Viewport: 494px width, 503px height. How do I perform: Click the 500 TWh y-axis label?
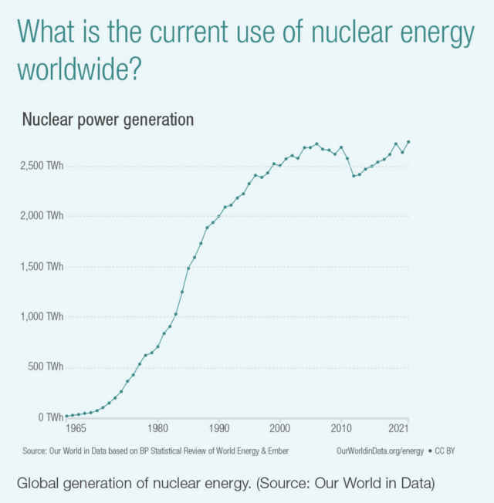pyautogui.click(x=44, y=366)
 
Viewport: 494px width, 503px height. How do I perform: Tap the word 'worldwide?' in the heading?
pyautogui.click(x=80, y=69)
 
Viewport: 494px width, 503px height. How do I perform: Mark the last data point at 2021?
pyautogui.click(x=408, y=142)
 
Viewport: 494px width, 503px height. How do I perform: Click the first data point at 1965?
pyautogui.click(x=66, y=417)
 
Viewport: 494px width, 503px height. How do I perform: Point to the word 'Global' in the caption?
pyautogui.click(x=39, y=484)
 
